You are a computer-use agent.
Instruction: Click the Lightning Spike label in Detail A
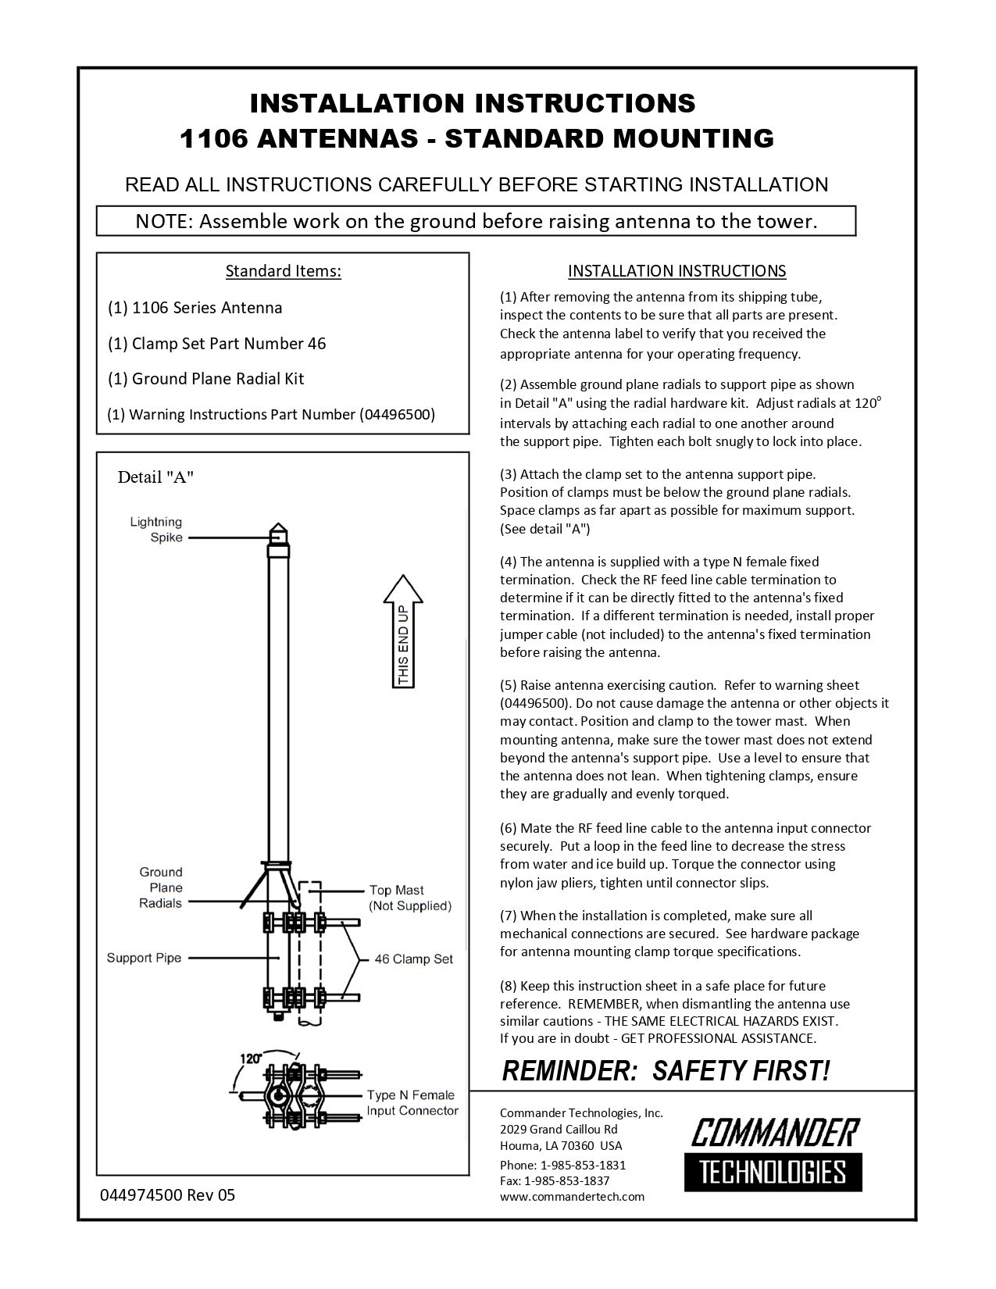[155, 530]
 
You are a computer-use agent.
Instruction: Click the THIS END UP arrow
[403, 632]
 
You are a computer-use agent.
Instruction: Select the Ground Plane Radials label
[160, 887]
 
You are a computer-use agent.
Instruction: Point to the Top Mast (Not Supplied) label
[410, 898]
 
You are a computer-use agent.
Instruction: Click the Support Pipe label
[144, 958]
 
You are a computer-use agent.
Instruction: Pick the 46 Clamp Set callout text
[413, 959]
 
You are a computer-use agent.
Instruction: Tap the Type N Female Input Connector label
[412, 1103]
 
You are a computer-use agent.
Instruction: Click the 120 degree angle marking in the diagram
[250, 1059]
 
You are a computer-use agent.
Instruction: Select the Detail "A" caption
[155, 477]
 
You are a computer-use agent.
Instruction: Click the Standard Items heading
[283, 271]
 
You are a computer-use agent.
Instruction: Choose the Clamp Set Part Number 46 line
[216, 344]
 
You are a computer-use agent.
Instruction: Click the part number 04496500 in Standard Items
[397, 415]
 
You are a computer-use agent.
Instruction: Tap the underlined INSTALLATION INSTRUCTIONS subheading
[676, 271]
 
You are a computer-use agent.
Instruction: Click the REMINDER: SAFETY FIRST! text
[666, 1071]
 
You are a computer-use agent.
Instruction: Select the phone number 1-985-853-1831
[583, 1165]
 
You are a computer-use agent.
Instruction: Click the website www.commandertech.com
[572, 1196]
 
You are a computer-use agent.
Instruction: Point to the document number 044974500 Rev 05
[167, 1195]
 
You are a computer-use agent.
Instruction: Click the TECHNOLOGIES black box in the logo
[773, 1172]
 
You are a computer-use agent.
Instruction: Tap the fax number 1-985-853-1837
[574, 1180]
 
